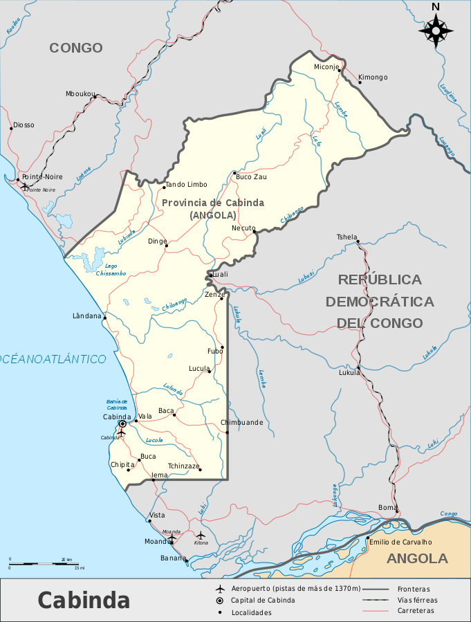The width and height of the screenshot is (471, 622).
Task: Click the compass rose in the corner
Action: coord(436,30)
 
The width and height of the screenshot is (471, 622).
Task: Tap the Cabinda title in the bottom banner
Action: coord(84,599)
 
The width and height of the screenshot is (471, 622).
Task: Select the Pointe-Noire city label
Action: coord(42,176)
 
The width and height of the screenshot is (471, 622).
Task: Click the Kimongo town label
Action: coord(373,77)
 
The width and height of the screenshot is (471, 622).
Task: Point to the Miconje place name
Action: coord(326,67)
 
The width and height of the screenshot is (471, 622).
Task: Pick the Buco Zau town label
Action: coord(252,177)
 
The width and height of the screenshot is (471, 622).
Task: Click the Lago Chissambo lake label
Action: coord(111,270)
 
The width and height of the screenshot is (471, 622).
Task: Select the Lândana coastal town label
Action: coord(87,315)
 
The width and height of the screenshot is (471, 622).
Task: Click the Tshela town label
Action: coord(347,237)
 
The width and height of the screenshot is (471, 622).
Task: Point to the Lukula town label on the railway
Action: coord(349,372)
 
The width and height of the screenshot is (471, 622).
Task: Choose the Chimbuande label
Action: coord(242,422)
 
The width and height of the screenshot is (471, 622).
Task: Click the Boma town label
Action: coord(387,508)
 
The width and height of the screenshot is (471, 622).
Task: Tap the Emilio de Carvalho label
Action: coord(400,542)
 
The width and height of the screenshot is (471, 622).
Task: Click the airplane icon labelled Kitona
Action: coord(201,535)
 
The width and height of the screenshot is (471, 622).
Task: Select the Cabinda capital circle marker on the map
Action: coord(122,423)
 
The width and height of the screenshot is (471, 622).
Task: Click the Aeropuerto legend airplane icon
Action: coord(220,588)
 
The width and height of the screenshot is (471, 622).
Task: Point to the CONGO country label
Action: coord(76,48)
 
